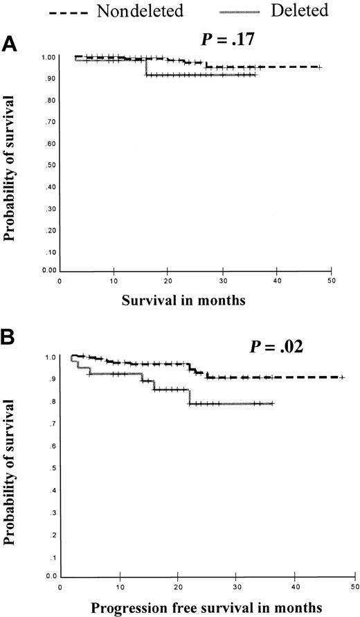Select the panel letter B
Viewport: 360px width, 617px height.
coord(10,339)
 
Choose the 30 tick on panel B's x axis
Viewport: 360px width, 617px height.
coord(237,589)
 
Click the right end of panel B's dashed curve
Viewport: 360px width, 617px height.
coord(343,377)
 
